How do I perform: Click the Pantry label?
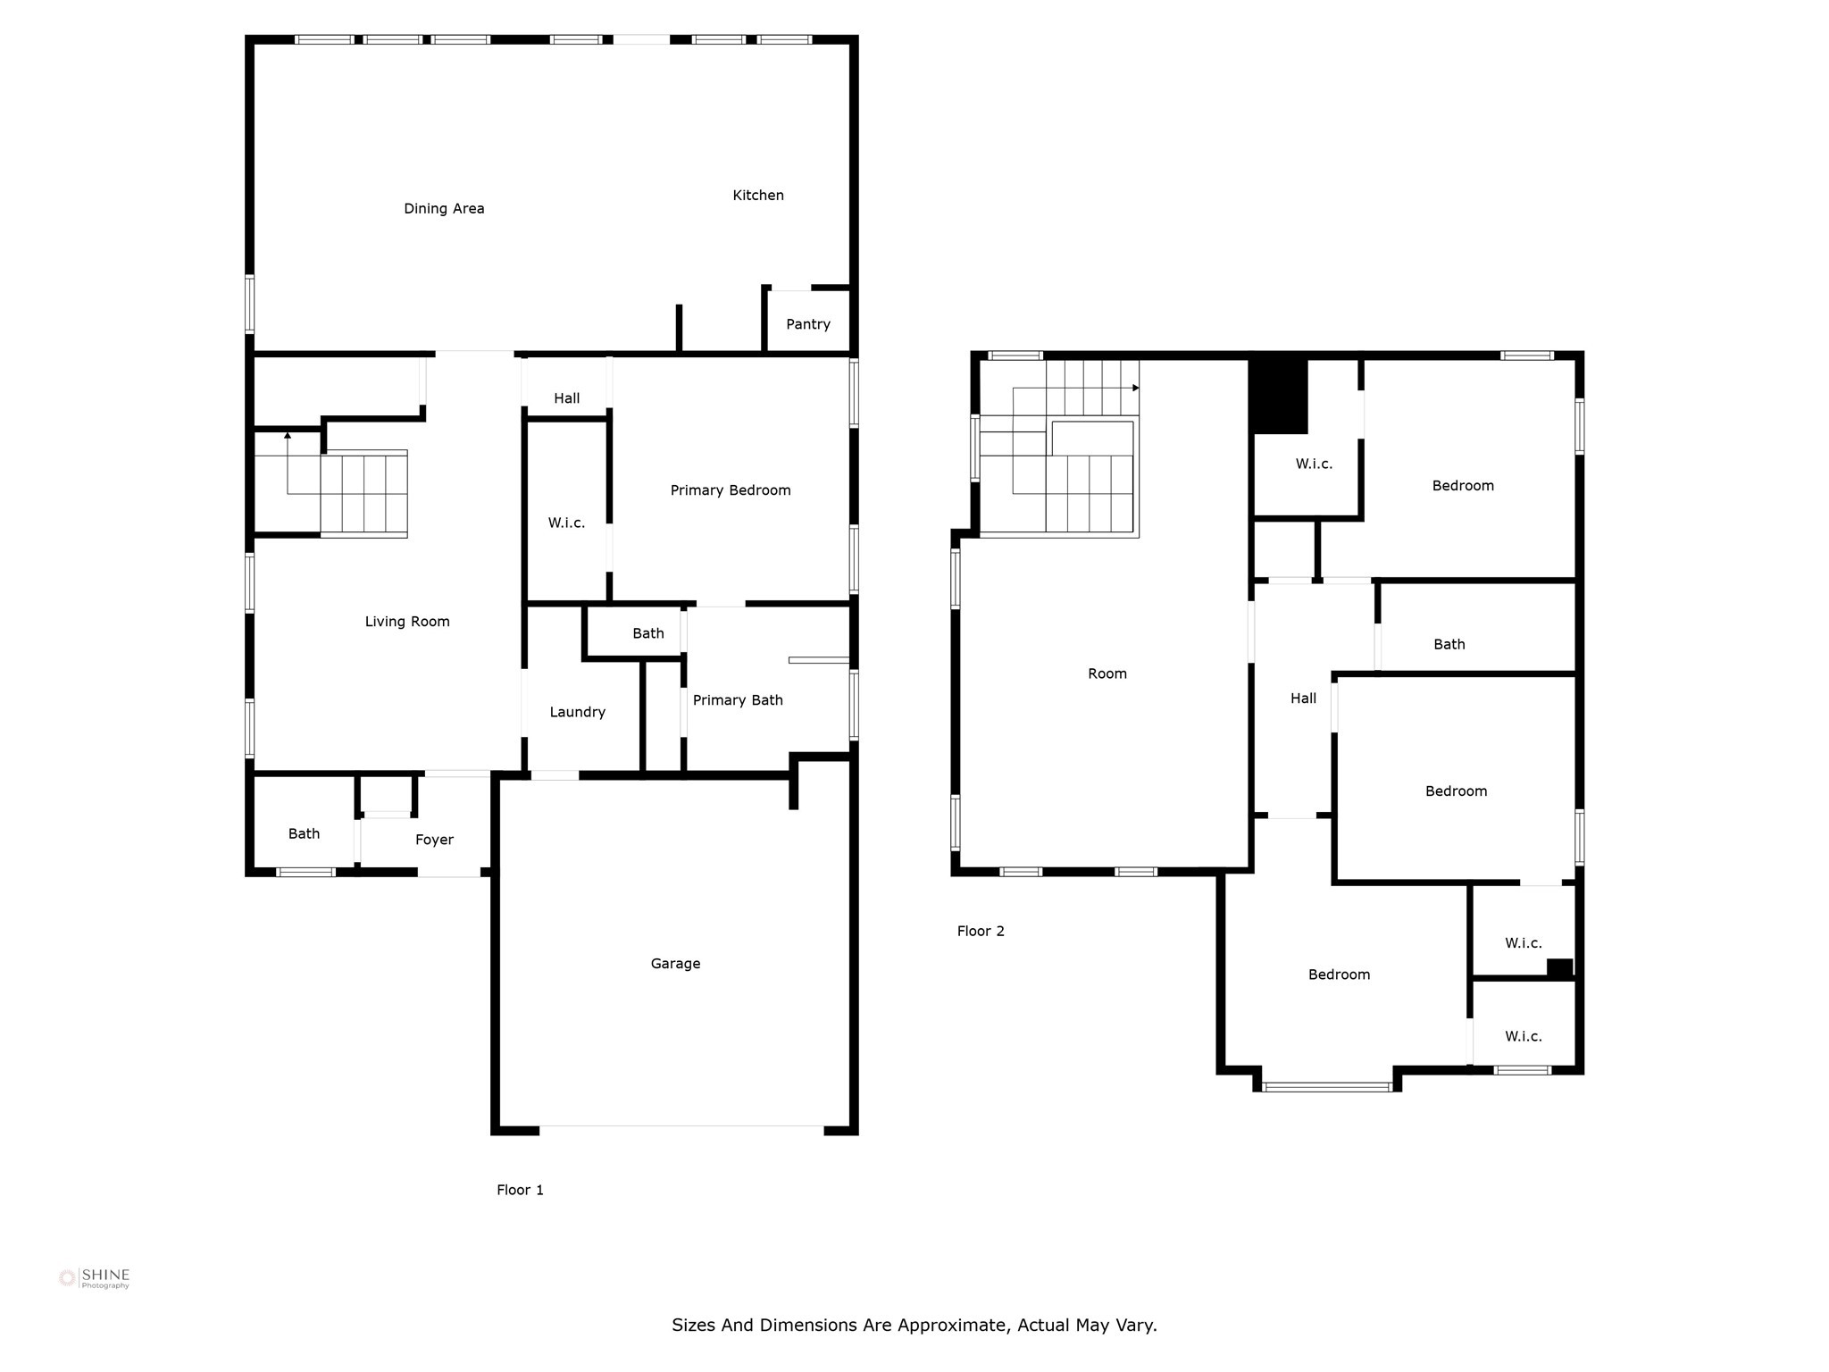pos(808,324)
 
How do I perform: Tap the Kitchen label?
pos(758,195)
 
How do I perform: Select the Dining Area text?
pos(444,209)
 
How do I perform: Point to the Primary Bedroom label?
pos(731,490)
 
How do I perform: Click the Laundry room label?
pos(577,713)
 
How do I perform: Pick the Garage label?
pos(675,964)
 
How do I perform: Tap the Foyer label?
pos(434,840)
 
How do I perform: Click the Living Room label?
pos(407,622)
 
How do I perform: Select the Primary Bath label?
pos(738,700)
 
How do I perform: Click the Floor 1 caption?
pos(520,1190)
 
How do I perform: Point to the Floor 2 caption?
pos(981,931)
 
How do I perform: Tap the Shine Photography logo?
pos(94,1278)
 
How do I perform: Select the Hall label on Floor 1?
pos(566,398)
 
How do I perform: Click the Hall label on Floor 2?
pos(1303,699)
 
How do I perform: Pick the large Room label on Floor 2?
pos(1107,673)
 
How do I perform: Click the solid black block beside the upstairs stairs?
pos(1278,396)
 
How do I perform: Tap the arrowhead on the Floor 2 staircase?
pos(1136,388)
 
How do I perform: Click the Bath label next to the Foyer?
pos(304,833)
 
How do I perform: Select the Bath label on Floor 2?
pos(1449,644)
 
